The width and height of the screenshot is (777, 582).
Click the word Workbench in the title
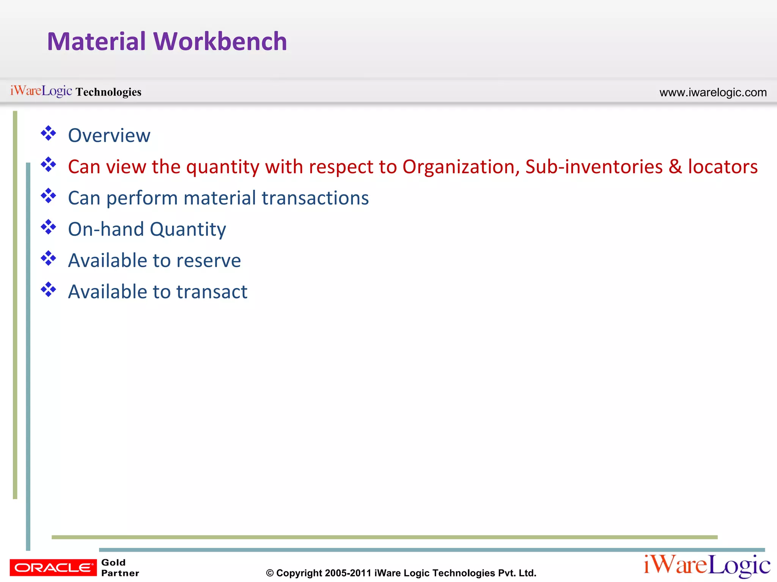pos(220,41)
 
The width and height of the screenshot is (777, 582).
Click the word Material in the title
pos(96,41)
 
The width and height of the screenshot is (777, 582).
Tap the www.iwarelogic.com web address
pos(713,92)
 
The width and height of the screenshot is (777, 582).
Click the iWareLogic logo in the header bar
pos(41,91)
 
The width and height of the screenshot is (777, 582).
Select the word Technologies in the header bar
pos(109,92)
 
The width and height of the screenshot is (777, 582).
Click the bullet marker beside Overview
pos(49,133)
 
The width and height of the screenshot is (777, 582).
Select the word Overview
pos(109,136)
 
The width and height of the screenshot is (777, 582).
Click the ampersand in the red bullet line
pos(675,167)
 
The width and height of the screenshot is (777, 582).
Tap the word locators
pos(723,167)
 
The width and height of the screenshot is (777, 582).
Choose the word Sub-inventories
pos(594,167)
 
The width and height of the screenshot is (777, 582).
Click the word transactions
pos(315,198)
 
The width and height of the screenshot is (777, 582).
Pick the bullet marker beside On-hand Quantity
pos(49,227)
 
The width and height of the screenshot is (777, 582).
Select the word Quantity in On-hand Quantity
pos(188,230)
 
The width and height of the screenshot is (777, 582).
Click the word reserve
pos(208,261)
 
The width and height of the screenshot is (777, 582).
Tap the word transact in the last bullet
pos(212,292)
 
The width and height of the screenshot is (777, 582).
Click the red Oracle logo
pos(53,568)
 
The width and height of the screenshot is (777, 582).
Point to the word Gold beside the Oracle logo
pos(113,563)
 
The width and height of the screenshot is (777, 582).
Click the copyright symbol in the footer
pos(270,573)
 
